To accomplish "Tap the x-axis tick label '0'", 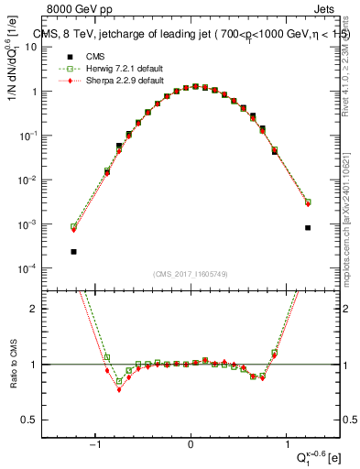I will pyautogui.click(x=191, y=445).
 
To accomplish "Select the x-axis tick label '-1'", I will pyautogui.click(x=95, y=445).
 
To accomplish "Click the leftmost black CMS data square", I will pyautogui.click(x=73, y=251).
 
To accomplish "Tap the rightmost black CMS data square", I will pyautogui.click(x=308, y=227).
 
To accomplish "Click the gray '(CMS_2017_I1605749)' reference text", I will pyautogui.click(x=191, y=273).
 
